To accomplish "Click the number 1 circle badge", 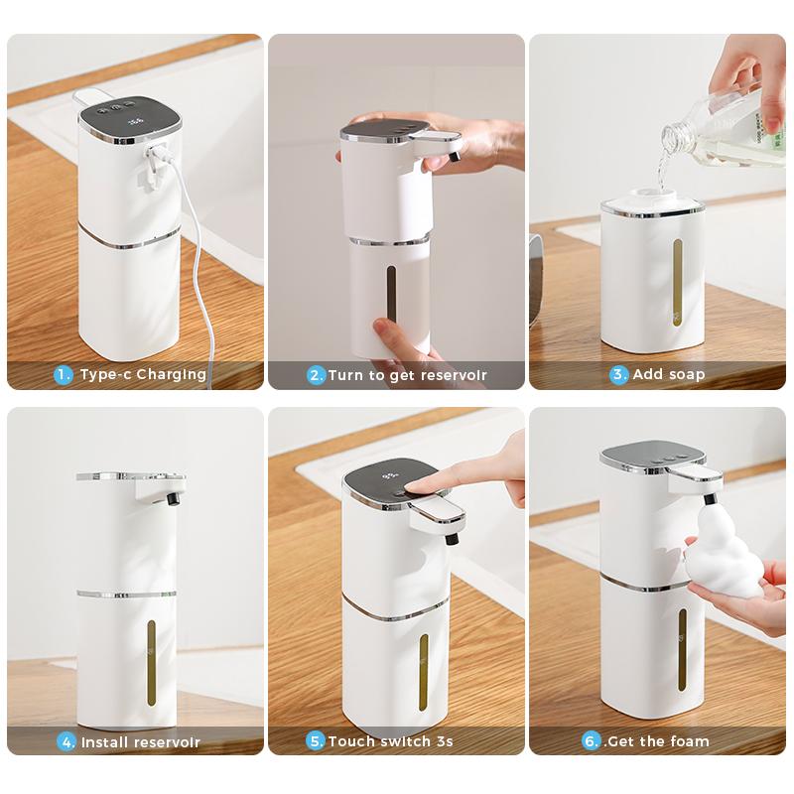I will (x=64, y=374).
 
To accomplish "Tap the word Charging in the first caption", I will (x=171, y=374).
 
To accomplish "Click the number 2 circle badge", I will (x=316, y=375).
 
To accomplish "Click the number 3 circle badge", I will (x=619, y=374).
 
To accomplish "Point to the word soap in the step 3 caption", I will (x=686, y=374).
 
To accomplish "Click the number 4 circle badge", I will (x=67, y=741).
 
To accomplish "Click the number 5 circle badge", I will (x=316, y=740).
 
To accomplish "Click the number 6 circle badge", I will (x=591, y=740).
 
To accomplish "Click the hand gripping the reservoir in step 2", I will (x=402, y=337).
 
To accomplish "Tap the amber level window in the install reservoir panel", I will (x=151, y=663).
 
